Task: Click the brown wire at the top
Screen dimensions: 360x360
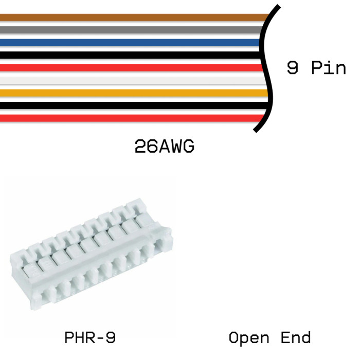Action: [x=129, y=17]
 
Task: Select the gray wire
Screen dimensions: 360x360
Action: [x=129, y=30]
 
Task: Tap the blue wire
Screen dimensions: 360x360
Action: [x=129, y=42]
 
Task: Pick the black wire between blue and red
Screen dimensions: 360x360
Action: [x=129, y=55]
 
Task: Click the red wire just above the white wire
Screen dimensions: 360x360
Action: [x=129, y=67]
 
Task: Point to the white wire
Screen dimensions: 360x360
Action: [x=129, y=80]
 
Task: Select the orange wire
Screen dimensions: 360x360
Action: [x=129, y=93]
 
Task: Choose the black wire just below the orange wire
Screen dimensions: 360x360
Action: [x=129, y=105]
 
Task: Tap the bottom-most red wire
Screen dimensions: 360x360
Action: [x=129, y=118]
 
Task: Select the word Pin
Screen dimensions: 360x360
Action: [x=329, y=68]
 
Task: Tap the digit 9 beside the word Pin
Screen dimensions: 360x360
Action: [x=293, y=68]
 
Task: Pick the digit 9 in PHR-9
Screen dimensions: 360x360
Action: [x=109, y=338]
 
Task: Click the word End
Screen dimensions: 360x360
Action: [x=296, y=338]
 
